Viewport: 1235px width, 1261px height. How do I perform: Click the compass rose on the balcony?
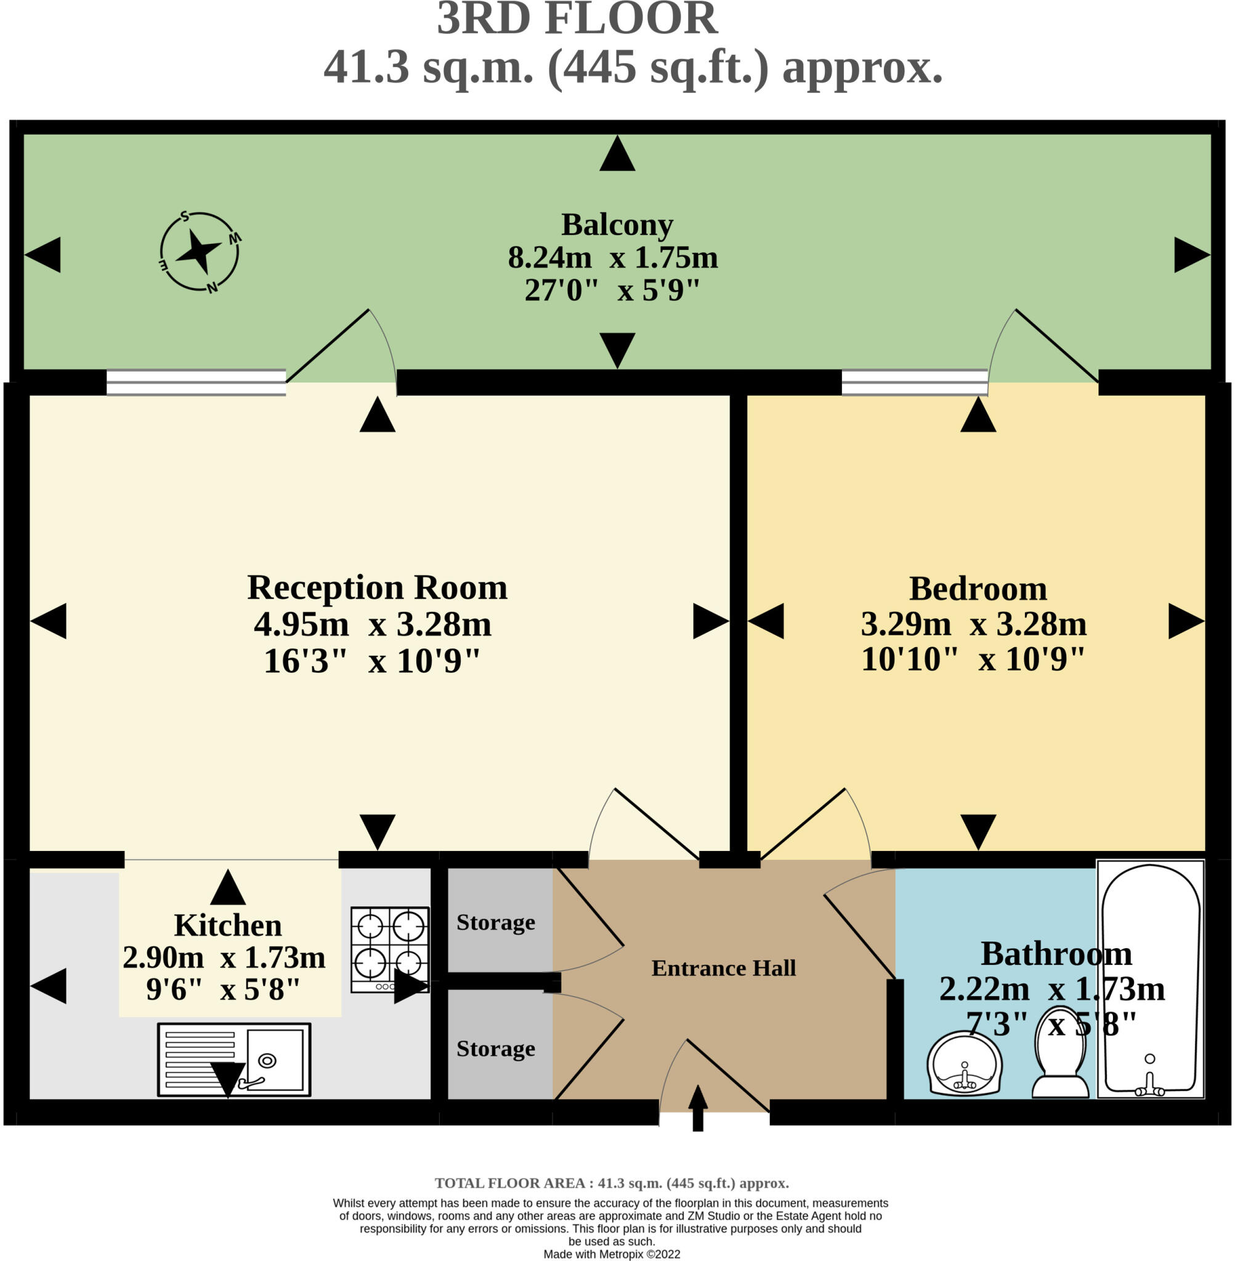(x=199, y=252)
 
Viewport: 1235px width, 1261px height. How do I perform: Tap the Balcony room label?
(x=616, y=225)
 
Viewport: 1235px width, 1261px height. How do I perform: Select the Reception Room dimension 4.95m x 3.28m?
(x=372, y=624)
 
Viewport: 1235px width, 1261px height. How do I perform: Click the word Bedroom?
(x=978, y=589)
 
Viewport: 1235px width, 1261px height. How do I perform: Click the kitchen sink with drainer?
(x=233, y=1060)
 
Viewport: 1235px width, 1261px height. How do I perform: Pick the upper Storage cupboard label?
(x=496, y=922)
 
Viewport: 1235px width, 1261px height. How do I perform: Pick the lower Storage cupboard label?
(x=496, y=1049)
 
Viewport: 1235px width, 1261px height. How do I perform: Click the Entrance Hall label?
(x=723, y=968)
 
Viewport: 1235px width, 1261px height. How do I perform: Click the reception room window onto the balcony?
(x=196, y=382)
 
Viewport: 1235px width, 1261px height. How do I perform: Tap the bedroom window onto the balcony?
(x=914, y=382)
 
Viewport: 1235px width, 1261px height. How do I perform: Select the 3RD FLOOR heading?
(x=577, y=20)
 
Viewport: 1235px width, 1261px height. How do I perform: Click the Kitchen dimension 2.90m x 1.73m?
(x=224, y=957)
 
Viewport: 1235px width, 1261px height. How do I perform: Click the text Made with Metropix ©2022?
(x=611, y=1254)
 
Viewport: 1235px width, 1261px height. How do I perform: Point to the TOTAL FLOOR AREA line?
(x=611, y=1183)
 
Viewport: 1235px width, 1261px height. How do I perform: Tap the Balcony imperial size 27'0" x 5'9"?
(x=612, y=291)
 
